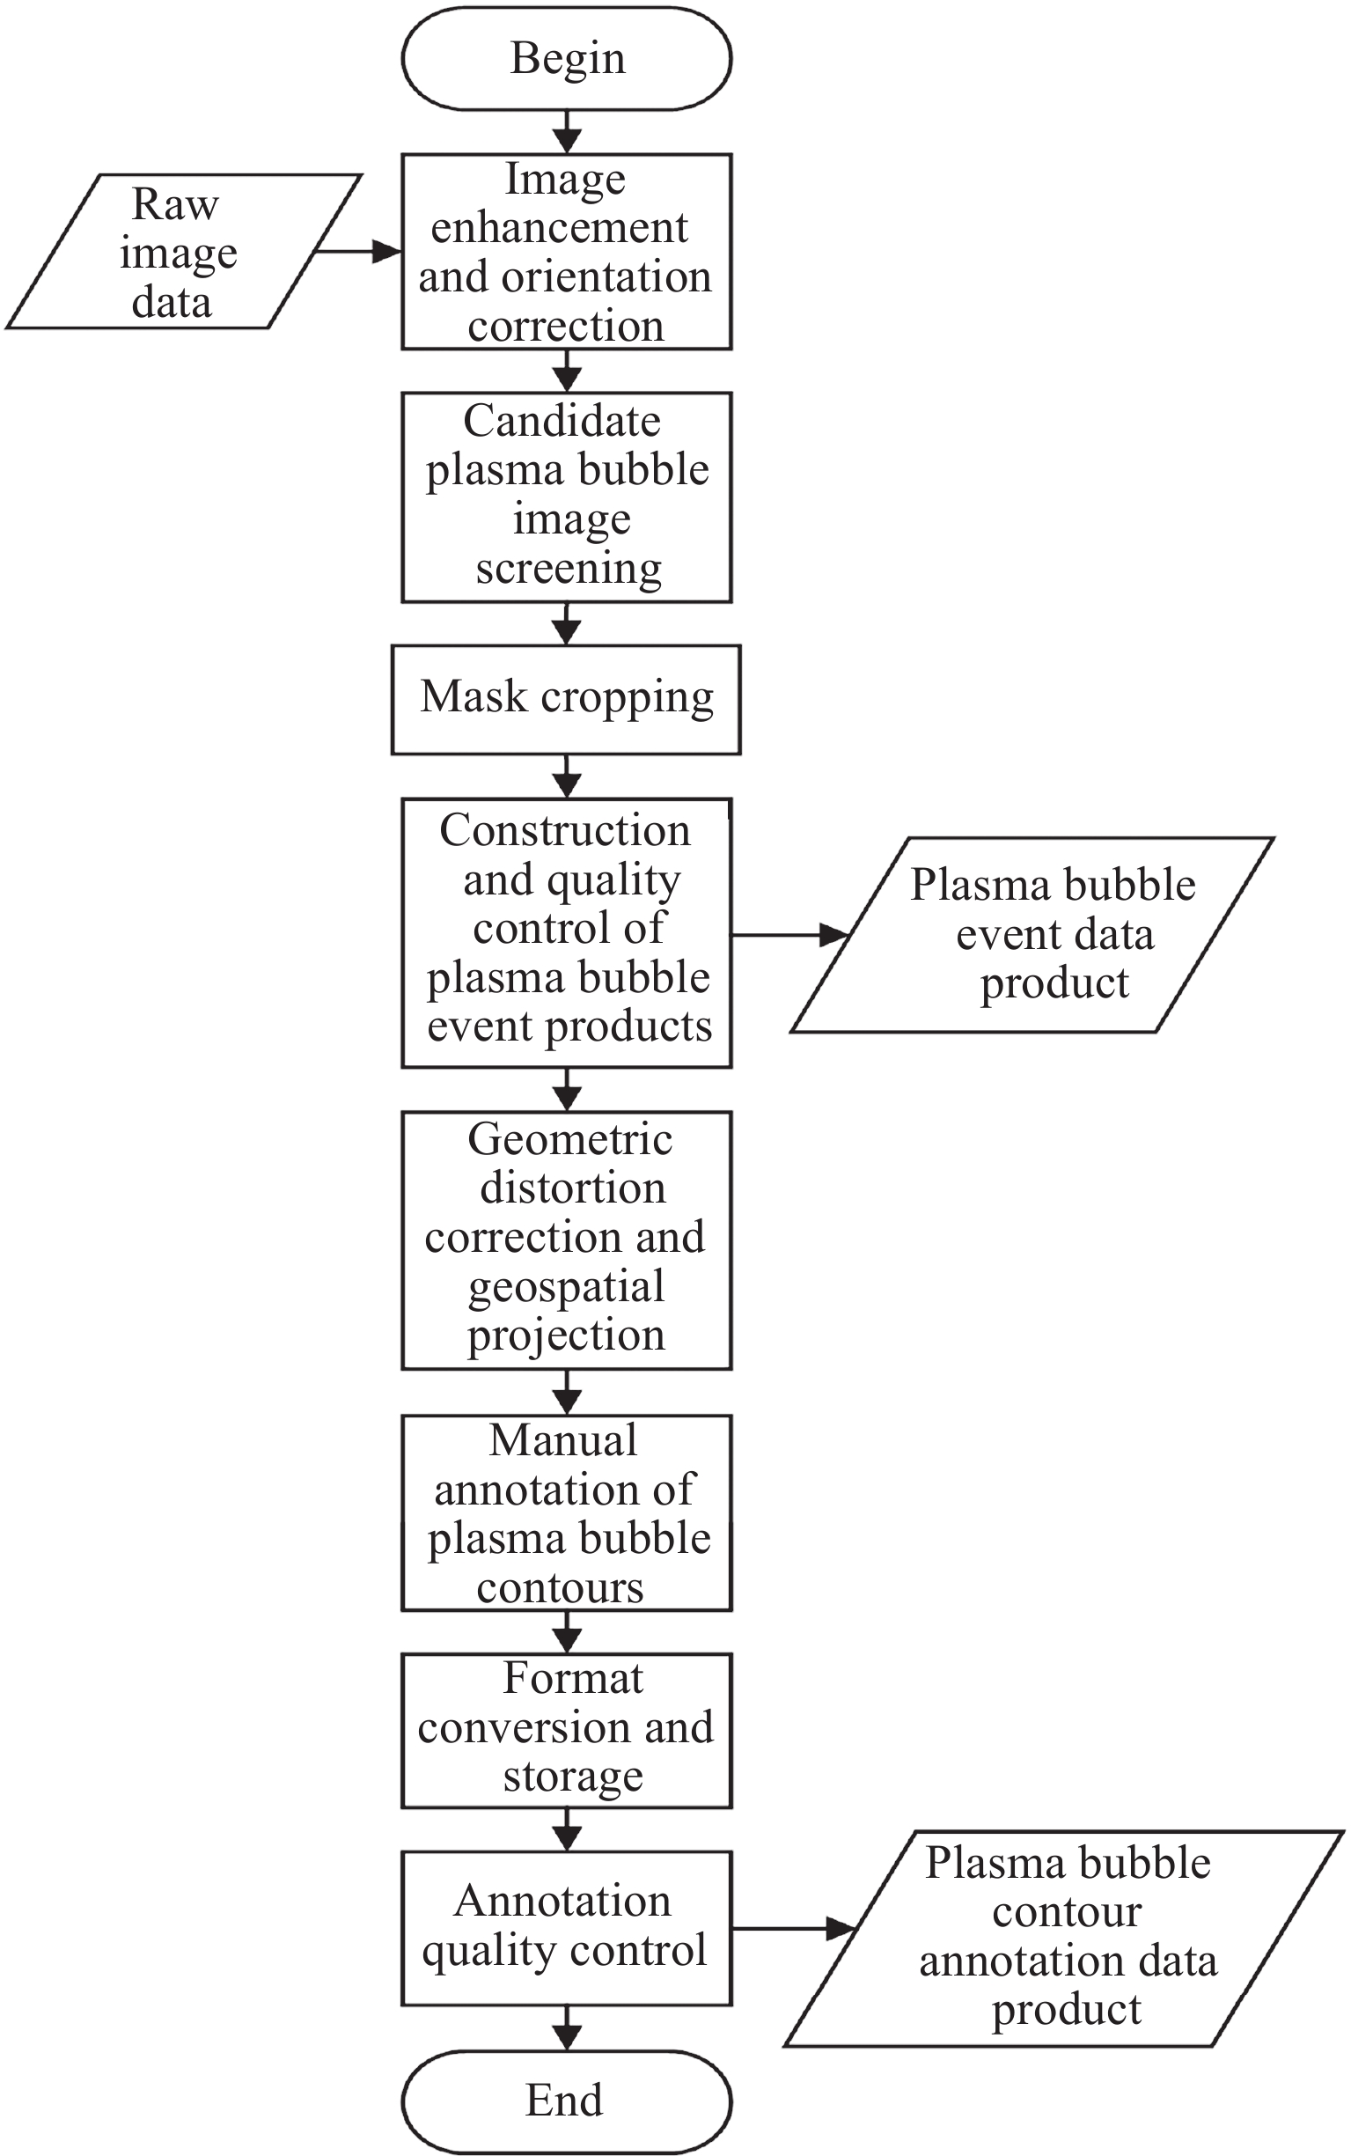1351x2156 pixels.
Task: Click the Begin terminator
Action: point(567,59)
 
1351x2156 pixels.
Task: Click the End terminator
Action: point(567,2101)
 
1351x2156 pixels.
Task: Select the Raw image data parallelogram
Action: point(183,252)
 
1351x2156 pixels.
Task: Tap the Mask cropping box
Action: point(567,699)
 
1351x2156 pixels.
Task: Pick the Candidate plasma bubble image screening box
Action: point(567,497)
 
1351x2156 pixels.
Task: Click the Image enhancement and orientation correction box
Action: point(567,252)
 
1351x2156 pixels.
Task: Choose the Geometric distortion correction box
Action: point(567,1240)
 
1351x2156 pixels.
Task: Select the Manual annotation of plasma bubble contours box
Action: point(567,1513)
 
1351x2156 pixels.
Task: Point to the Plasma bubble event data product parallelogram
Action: point(1033,935)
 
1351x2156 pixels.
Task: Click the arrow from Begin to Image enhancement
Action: point(567,132)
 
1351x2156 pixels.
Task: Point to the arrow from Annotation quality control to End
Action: point(567,2027)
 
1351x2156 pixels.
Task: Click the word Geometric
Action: point(570,1140)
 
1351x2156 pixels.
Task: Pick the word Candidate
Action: point(562,421)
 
